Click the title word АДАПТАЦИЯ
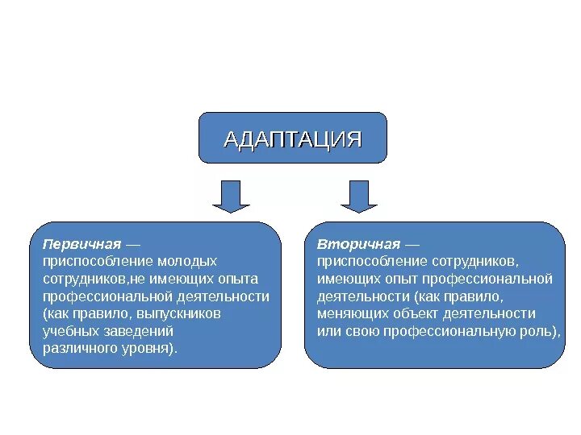click(x=292, y=139)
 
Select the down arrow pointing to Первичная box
click(x=231, y=196)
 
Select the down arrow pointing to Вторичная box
click(x=359, y=196)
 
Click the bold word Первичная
click(x=82, y=243)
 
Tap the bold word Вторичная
click(x=358, y=243)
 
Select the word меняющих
click(x=350, y=313)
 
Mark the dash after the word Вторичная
click(x=412, y=243)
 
